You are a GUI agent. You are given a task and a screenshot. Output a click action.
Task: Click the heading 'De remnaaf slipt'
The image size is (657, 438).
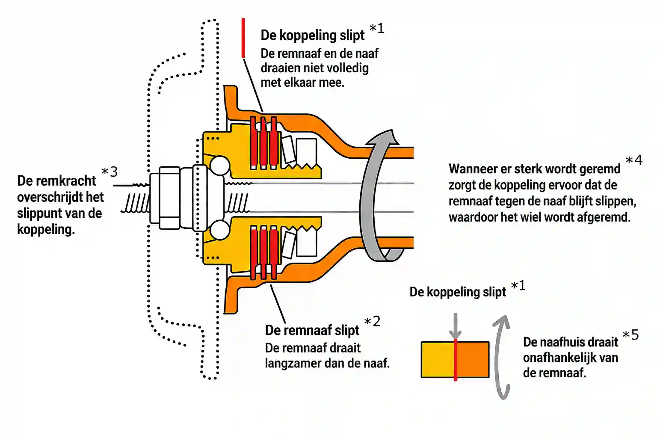pyautogui.click(x=312, y=331)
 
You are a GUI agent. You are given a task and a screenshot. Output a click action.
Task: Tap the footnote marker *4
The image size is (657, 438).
pyautogui.click(x=634, y=160)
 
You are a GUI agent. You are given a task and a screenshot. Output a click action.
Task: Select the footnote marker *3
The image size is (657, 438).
pyautogui.click(x=109, y=172)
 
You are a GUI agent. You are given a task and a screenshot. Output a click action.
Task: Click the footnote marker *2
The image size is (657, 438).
pyautogui.click(x=372, y=322)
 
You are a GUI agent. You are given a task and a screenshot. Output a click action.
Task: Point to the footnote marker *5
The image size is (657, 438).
pyautogui.click(x=630, y=335)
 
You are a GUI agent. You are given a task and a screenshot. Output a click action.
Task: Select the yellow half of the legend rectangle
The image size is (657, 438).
pyautogui.click(x=438, y=359)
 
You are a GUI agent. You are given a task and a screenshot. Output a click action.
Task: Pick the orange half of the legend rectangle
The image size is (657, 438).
pyautogui.click(x=473, y=359)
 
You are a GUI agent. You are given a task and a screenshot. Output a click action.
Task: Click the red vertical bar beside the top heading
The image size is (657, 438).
pyautogui.click(x=243, y=38)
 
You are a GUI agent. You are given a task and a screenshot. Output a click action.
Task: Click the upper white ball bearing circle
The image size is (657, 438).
pyautogui.click(x=220, y=166)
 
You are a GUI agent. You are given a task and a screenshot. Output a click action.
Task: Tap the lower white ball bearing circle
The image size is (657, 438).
pyautogui.click(x=220, y=230)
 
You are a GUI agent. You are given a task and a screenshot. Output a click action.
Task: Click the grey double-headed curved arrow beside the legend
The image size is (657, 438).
pyautogui.click(x=500, y=357)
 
